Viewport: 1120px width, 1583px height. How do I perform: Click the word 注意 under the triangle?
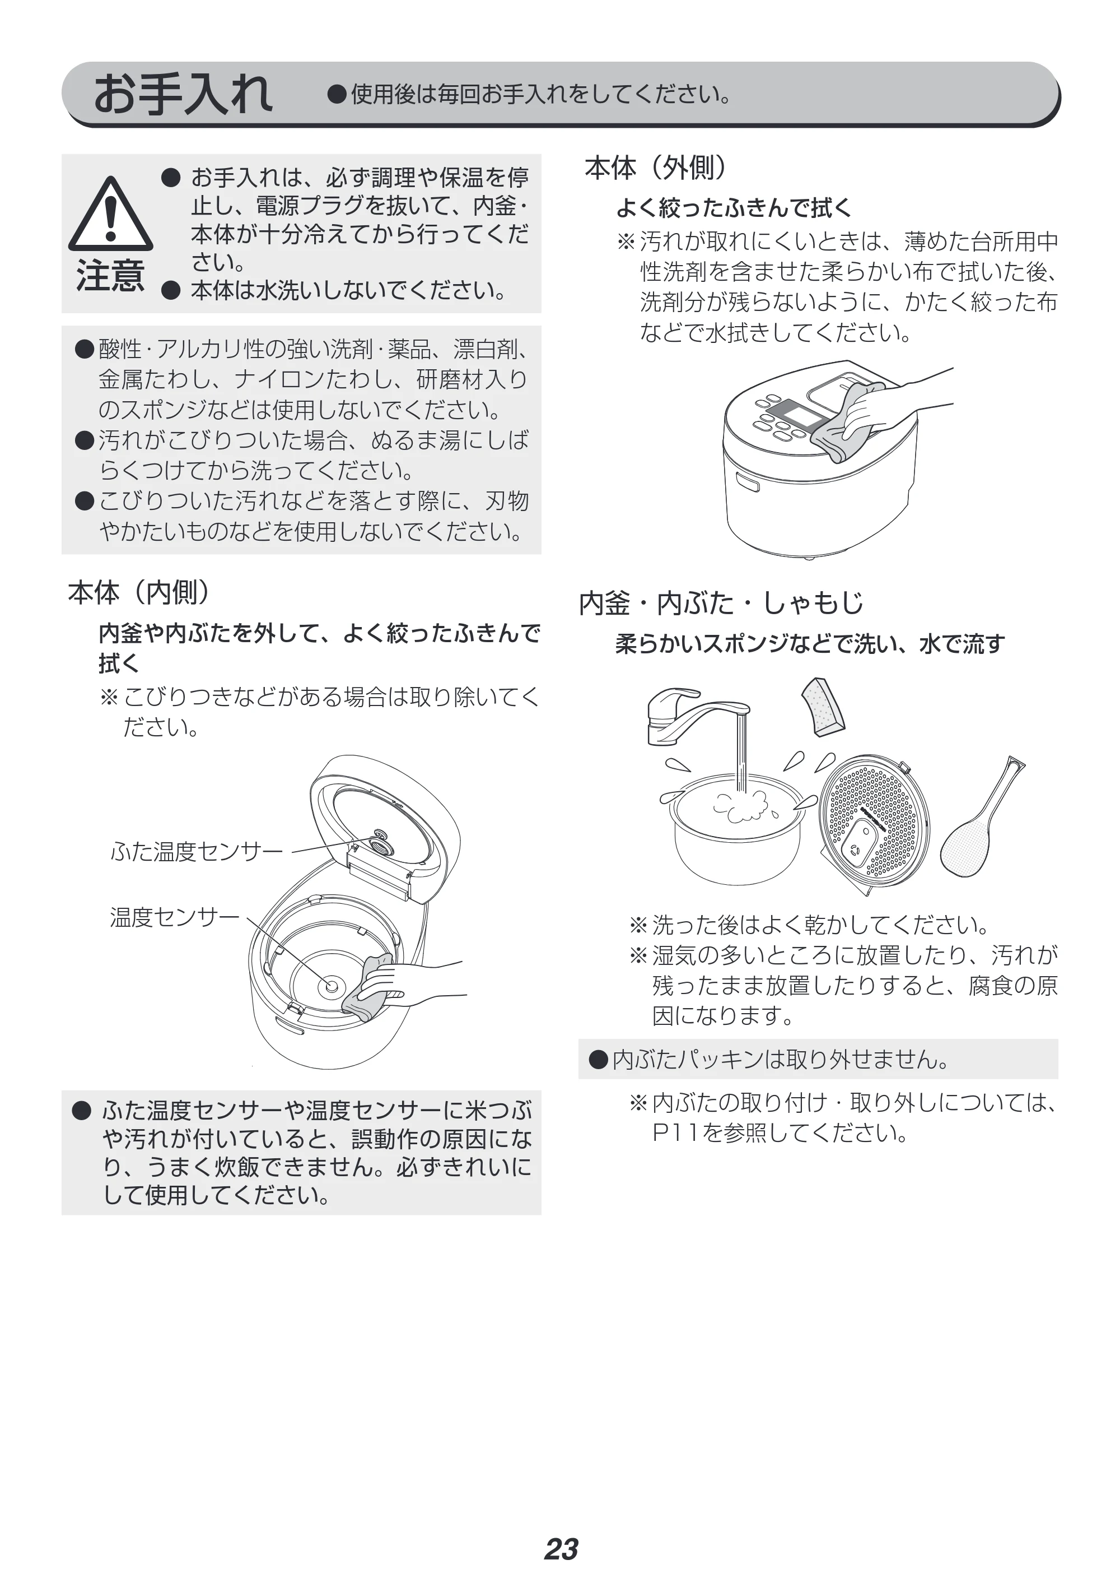(110, 275)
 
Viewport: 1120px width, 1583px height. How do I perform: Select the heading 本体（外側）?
(656, 168)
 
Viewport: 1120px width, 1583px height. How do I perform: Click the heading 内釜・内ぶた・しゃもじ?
(721, 603)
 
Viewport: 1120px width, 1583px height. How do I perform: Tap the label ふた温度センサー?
(197, 852)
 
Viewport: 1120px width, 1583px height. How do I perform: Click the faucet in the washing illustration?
(697, 718)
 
